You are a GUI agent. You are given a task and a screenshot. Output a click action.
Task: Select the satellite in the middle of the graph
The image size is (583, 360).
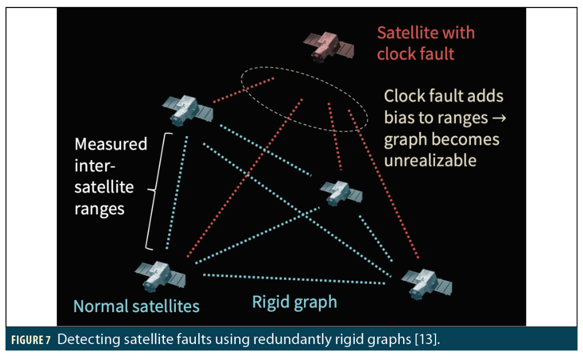(x=340, y=193)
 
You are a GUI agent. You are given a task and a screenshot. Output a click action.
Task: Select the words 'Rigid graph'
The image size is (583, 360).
(x=294, y=302)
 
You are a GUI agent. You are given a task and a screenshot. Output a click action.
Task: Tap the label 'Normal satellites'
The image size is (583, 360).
(x=137, y=306)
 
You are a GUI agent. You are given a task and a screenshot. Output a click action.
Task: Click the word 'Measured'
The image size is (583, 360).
(x=111, y=144)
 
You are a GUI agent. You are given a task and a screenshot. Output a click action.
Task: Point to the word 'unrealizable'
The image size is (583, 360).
(x=430, y=161)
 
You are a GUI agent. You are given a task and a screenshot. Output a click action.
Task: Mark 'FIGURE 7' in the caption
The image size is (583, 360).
(x=31, y=341)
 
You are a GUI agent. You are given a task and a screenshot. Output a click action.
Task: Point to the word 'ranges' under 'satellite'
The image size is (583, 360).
(x=100, y=208)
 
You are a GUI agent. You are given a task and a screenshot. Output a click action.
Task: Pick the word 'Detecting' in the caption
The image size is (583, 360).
(x=86, y=341)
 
